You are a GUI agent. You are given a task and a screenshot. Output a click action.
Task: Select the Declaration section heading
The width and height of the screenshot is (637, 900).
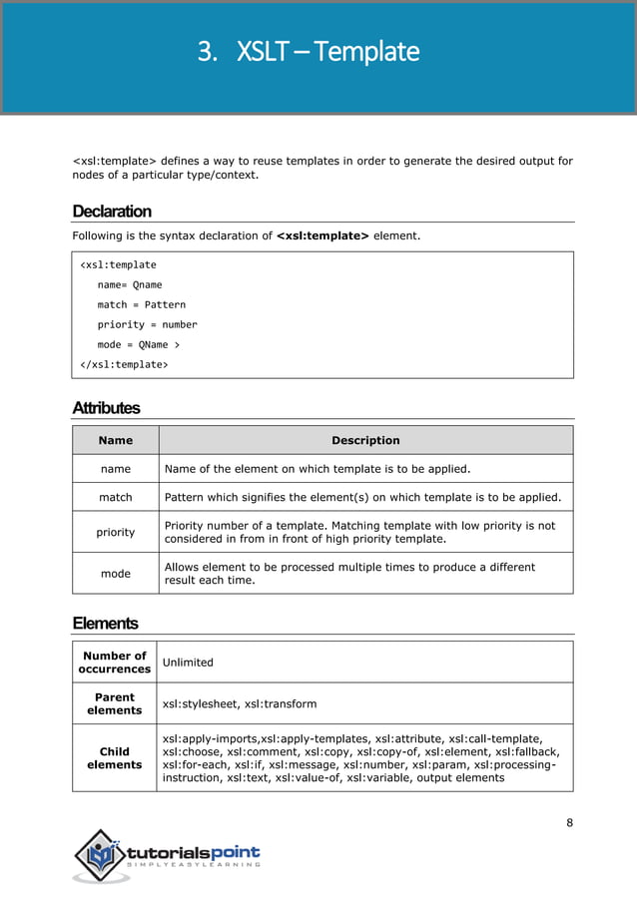tap(112, 212)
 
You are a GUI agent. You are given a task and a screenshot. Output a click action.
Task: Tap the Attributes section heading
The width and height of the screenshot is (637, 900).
tap(106, 408)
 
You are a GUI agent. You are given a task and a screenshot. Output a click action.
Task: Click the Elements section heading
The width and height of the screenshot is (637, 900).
tap(105, 624)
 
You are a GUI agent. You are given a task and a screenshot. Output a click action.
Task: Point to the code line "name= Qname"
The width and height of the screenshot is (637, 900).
tap(129, 285)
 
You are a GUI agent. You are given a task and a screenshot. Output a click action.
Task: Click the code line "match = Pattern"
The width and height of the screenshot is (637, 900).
tap(141, 305)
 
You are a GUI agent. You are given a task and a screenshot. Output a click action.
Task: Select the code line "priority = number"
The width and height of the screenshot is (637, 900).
tap(147, 325)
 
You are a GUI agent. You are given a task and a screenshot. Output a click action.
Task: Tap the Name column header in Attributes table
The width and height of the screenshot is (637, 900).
tap(116, 440)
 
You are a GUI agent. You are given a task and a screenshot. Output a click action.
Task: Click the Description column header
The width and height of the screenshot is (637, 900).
tap(365, 440)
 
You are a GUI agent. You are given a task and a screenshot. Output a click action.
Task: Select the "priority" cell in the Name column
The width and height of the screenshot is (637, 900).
tap(116, 533)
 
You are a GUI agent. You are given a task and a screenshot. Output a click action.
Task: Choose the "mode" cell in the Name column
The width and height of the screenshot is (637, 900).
tap(116, 574)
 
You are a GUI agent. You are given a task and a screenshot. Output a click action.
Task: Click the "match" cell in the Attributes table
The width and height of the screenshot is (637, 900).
tap(116, 497)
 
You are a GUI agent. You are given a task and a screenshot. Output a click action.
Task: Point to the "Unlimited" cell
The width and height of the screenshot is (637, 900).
tap(188, 662)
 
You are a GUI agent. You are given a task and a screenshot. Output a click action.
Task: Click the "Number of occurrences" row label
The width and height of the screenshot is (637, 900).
tap(114, 662)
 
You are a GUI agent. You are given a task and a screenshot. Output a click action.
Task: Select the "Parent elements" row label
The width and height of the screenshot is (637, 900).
tap(114, 703)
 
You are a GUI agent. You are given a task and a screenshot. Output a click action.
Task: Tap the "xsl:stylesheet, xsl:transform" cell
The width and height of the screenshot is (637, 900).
tap(240, 703)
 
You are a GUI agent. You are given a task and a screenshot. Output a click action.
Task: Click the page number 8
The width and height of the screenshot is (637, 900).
tap(569, 823)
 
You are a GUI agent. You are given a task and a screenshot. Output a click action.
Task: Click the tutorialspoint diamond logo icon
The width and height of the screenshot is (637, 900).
tap(101, 855)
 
